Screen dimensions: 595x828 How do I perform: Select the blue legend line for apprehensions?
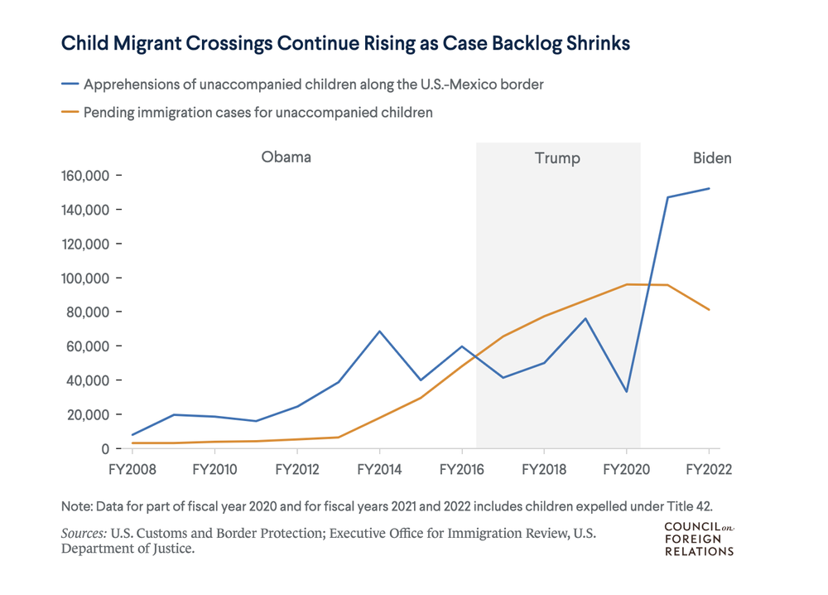[70, 85]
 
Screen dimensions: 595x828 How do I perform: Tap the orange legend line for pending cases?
[70, 112]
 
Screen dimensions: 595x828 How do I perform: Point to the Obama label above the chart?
[286, 157]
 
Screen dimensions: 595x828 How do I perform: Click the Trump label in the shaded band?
[557, 158]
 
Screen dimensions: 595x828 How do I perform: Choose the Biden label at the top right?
[711, 158]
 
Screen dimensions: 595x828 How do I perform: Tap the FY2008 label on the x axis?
[132, 469]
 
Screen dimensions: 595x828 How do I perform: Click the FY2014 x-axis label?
[379, 469]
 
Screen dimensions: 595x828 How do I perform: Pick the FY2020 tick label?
[626, 469]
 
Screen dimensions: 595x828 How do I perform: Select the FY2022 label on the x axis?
[708, 469]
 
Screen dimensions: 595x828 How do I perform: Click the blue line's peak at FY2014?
[379, 331]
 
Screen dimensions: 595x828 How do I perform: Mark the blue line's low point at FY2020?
[626, 391]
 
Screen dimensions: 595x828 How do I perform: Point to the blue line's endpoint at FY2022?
[709, 189]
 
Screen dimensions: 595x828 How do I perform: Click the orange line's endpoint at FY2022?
[709, 310]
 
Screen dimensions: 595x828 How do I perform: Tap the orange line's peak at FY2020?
[627, 284]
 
